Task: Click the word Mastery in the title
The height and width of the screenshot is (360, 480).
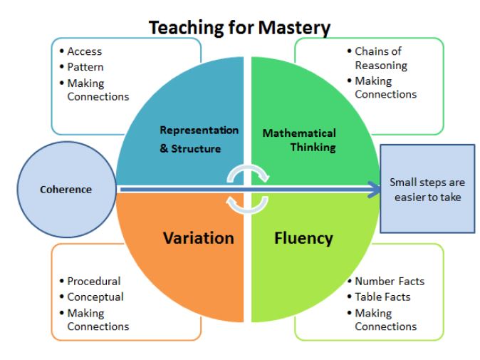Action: coord(294,29)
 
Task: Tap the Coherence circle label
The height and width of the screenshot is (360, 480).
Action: coord(66,190)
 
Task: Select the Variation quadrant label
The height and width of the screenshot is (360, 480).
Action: coord(199,238)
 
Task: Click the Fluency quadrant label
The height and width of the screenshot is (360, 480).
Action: coord(303,238)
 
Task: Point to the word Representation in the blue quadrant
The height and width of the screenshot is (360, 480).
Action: coord(199,130)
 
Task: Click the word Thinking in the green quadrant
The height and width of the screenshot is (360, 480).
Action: coord(313,148)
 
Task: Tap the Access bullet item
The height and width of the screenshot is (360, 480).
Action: coord(85,51)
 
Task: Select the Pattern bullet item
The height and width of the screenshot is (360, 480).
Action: coord(85,67)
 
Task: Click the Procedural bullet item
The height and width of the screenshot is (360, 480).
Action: coord(94,282)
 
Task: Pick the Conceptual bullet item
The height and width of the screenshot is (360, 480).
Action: coord(95,297)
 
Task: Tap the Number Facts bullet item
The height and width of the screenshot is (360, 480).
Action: coord(390,282)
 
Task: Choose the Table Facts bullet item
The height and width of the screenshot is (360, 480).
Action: coord(382,297)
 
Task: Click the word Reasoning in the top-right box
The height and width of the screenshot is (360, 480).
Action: coord(381,66)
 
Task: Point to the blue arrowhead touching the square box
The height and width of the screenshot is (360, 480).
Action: coord(374,190)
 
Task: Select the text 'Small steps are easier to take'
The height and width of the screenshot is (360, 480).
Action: coord(427,190)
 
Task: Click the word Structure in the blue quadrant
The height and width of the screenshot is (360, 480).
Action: coord(196,148)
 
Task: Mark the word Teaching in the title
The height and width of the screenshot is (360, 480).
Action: coord(187,28)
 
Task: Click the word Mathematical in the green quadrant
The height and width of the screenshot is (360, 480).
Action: coord(299,133)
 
